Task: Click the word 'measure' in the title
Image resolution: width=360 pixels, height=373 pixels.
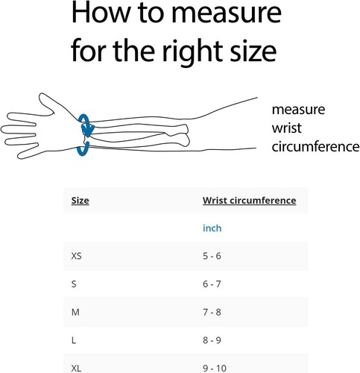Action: pyautogui.click(x=227, y=13)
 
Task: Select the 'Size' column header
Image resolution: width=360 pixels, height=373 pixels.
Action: pyautogui.click(x=80, y=201)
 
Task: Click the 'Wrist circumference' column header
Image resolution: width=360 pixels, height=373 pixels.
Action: pyautogui.click(x=249, y=201)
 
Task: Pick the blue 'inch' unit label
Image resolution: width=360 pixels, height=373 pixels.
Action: pyautogui.click(x=212, y=228)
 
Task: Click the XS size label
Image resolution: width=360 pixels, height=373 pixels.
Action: pyautogui.click(x=76, y=256)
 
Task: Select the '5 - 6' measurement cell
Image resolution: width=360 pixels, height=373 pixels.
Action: pyautogui.click(x=212, y=256)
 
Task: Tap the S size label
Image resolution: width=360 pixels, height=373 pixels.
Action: pyautogui.click(x=74, y=284)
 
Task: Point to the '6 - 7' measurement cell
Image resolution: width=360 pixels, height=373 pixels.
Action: pyautogui.click(x=212, y=284)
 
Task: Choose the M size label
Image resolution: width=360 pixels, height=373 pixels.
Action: pyautogui.click(x=75, y=312)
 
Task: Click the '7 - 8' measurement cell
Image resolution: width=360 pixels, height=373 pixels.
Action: pyautogui.click(x=212, y=312)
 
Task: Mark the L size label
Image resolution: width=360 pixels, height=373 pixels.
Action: pyautogui.click(x=74, y=340)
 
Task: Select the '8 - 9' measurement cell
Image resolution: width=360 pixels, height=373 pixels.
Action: pyautogui.click(x=212, y=340)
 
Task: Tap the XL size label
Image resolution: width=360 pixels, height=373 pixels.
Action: pyautogui.click(x=76, y=368)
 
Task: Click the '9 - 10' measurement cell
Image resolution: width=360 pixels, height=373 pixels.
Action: pyautogui.click(x=215, y=368)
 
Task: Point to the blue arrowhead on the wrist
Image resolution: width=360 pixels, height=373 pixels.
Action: pyautogui.click(x=88, y=131)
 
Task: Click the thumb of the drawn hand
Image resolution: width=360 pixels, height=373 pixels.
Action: pyautogui.click(x=47, y=102)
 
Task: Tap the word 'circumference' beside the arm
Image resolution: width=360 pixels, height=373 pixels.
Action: pyautogui.click(x=315, y=147)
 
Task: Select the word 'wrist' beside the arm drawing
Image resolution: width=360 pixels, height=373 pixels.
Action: pyautogui.click(x=286, y=128)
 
